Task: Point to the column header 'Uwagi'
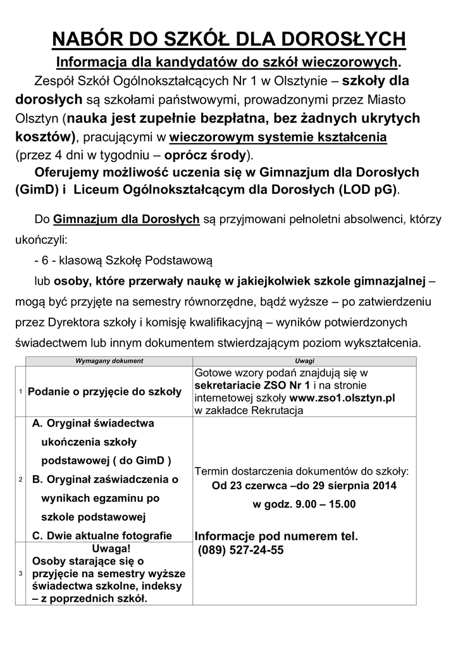point(305,361)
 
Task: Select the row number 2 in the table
point(20,480)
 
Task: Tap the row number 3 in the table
point(20,574)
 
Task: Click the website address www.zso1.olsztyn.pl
point(342,399)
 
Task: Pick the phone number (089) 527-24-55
point(241,551)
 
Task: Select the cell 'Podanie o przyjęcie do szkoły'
point(105,392)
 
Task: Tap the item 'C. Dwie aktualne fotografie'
point(102,535)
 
